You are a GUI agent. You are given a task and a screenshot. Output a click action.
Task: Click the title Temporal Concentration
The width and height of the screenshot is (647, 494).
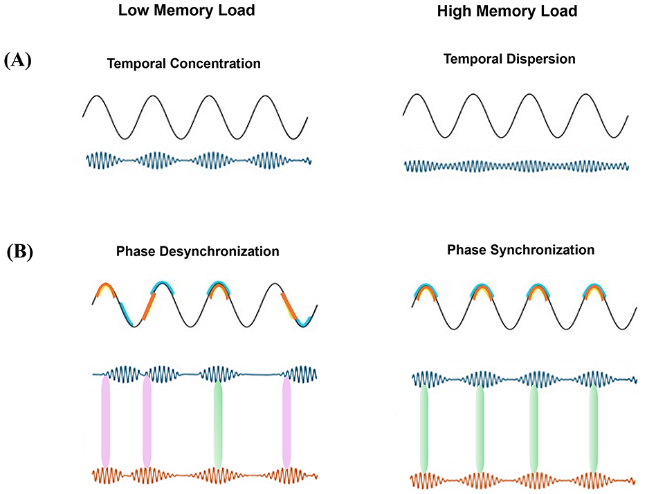point(183,64)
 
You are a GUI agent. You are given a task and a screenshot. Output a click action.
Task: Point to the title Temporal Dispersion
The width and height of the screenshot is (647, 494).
point(509,60)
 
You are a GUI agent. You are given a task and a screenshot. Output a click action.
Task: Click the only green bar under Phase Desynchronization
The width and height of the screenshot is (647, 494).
point(219,423)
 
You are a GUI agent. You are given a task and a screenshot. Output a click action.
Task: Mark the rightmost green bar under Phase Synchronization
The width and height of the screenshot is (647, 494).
point(592,429)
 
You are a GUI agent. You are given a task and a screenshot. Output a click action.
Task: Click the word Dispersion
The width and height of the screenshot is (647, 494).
point(543,60)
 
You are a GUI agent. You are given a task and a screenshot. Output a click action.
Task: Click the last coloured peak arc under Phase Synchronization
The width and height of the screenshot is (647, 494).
point(593,293)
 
